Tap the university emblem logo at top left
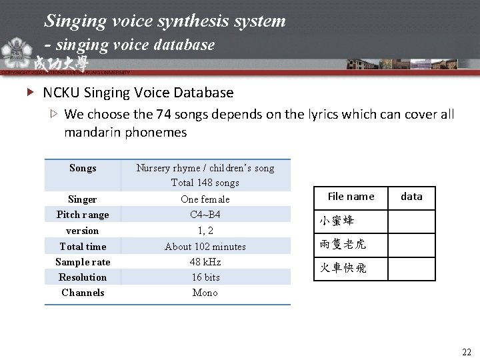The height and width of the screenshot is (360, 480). pyautogui.click(x=14, y=52)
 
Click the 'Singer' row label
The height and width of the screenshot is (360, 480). pyautogui.click(x=83, y=199)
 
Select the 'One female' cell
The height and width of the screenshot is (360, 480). pyautogui.click(x=205, y=199)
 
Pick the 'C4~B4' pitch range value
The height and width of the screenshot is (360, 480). pyautogui.click(x=205, y=215)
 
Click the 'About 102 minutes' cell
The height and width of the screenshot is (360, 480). pyautogui.click(x=205, y=246)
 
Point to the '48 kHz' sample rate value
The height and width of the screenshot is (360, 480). pyautogui.click(x=205, y=262)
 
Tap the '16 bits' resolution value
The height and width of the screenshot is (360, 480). pyautogui.click(x=205, y=277)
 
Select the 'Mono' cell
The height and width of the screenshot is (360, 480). pyautogui.click(x=205, y=293)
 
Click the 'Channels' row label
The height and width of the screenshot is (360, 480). pyautogui.click(x=83, y=293)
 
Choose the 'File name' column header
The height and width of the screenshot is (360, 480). pyautogui.click(x=351, y=196)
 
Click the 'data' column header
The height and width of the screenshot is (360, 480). pyautogui.click(x=411, y=196)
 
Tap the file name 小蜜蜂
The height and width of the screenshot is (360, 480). pyautogui.click(x=337, y=221)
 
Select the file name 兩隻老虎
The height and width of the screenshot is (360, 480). pyautogui.click(x=343, y=244)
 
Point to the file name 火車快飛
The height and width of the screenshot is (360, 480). pyautogui.click(x=343, y=268)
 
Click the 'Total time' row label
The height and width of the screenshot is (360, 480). pyautogui.click(x=83, y=246)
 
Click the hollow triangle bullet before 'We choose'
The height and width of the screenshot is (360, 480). pyautogui.click(x=54, y=115)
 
